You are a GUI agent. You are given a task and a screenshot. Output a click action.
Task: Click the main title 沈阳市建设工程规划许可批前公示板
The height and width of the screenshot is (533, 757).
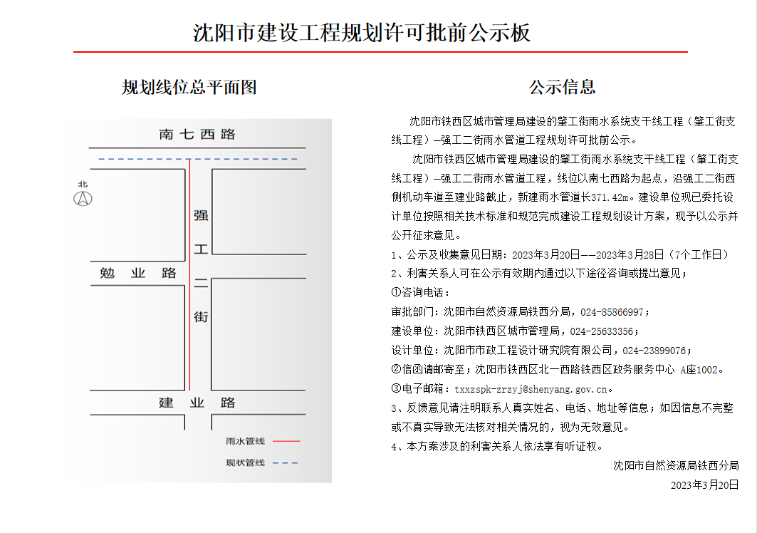point(362,33)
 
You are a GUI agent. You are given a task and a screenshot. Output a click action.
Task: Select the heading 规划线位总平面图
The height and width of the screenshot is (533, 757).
point(189,88)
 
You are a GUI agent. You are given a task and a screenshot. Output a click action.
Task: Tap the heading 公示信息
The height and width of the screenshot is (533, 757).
point(562,88)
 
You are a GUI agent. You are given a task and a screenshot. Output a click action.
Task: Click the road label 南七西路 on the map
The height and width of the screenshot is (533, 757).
point(197,134)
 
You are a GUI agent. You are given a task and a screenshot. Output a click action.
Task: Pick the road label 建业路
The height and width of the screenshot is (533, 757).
point(197,403)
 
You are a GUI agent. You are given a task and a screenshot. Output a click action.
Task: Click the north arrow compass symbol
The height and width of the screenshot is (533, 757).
point(84,197)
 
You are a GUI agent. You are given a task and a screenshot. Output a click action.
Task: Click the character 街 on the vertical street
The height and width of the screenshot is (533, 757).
point(201,316)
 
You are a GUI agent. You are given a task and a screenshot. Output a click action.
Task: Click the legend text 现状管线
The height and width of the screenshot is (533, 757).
point(245,463)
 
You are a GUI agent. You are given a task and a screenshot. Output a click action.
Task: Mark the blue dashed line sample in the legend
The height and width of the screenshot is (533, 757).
point(286,463)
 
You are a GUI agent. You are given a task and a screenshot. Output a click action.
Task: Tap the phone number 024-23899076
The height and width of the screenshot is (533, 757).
point(654,351)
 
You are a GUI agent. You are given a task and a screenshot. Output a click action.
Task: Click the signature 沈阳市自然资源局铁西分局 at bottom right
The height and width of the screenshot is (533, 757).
point(676,466)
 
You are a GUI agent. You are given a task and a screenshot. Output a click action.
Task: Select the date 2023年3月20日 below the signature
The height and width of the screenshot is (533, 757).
point(704,485)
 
